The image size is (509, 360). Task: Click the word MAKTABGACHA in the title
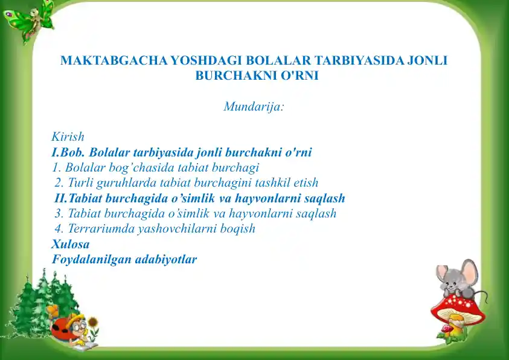click(114, 60)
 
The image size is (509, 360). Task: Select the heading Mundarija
click(254, 106)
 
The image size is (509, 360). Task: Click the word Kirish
click(68, 137)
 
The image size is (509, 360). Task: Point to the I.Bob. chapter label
click(68, 152)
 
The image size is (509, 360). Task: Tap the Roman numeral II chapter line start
click(60, 198)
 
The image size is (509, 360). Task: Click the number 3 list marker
click(59, 213)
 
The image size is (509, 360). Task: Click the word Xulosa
click(71, 244)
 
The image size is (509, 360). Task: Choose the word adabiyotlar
click(166, 259)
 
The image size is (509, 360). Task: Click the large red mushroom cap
click(458, 309)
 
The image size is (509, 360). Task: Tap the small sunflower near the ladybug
click(93, 322)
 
